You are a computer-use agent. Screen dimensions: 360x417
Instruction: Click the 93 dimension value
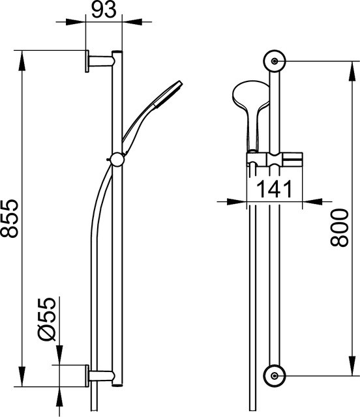[104, 10]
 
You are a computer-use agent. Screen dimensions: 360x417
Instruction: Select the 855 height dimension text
[10, 218]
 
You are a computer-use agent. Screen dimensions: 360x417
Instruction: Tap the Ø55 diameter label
[46, 320]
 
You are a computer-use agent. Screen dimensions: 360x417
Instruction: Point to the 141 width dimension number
[274, 189]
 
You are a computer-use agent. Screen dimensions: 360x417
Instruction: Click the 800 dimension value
[339, 228]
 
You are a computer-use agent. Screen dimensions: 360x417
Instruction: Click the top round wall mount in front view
[275, 61]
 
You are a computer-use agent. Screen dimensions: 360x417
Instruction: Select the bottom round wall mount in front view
[275, 375]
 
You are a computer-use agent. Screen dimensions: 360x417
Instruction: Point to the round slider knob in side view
[117, 160]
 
